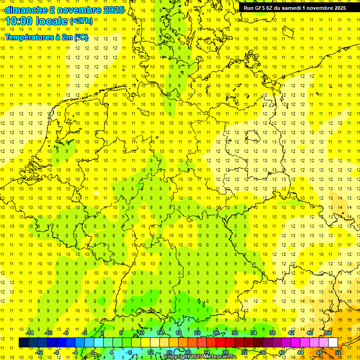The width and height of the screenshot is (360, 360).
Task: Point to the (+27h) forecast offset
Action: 81,21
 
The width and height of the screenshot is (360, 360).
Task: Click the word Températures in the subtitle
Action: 28,37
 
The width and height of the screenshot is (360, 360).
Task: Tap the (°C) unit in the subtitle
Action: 81,37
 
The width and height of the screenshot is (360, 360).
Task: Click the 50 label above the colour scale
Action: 329,333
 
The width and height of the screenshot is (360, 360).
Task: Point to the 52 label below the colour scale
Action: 338,352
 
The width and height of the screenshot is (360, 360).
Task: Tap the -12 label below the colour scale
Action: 39,352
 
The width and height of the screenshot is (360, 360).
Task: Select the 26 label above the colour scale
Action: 216,333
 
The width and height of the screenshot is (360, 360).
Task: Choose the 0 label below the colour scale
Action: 93,352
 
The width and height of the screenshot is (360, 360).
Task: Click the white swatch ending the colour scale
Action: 333,342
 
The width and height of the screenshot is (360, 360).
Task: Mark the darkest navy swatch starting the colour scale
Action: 23,342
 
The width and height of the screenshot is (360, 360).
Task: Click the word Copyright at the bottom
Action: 178,357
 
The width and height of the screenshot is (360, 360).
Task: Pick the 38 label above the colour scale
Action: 272,333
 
